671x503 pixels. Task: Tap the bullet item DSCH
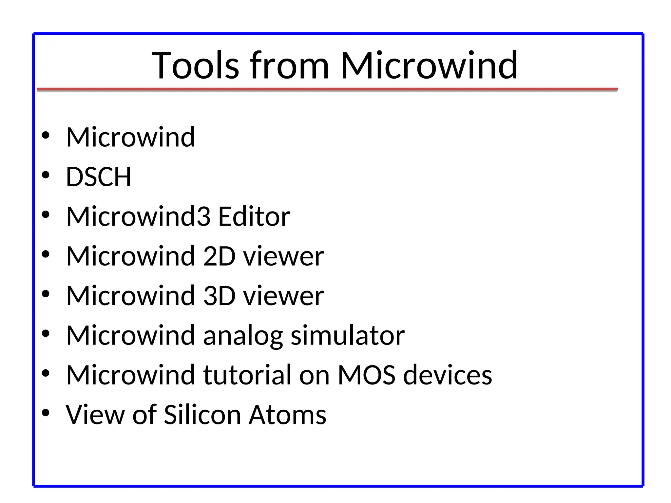[99, 177]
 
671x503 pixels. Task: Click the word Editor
[254, 217]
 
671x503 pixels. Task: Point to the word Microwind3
[138, 217]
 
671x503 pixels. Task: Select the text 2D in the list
[219, 256]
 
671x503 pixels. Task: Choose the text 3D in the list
[219, 296]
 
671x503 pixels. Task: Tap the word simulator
[348, 336]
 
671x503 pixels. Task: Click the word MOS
[366, 375]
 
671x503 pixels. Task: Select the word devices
[448, 375]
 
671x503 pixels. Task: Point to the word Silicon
[202, 415]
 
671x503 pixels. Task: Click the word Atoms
[287, 415]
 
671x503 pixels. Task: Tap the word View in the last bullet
[95, 415]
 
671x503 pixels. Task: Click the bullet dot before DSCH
[46, 175]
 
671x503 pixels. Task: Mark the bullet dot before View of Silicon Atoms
[46, 413]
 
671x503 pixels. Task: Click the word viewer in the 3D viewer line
[283, 296]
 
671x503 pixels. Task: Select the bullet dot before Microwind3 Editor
[46, 215]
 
